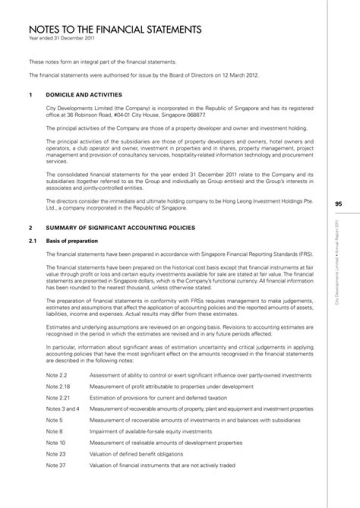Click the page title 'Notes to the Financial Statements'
115,29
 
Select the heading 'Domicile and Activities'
83,94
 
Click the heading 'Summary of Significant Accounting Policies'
120,228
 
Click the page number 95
338,204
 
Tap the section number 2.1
33,241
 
